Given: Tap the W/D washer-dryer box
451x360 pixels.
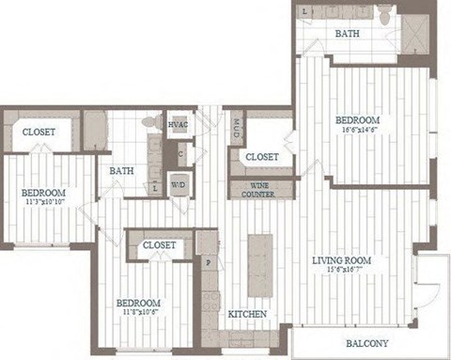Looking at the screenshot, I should tap(178, 185).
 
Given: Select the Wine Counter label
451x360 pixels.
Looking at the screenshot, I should tap(261, 188).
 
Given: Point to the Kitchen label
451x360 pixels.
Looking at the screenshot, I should tap(246, 313).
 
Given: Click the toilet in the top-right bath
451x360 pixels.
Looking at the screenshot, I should tap(387, 14).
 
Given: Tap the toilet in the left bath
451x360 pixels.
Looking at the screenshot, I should tap(149, 123).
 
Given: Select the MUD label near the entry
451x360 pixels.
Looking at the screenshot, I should tap(238, 123).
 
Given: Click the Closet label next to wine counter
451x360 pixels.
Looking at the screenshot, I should tap(261, 157).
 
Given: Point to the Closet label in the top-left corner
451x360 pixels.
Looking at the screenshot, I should tap(39, 133).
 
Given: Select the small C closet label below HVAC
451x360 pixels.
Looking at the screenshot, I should tap(179, 154).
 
